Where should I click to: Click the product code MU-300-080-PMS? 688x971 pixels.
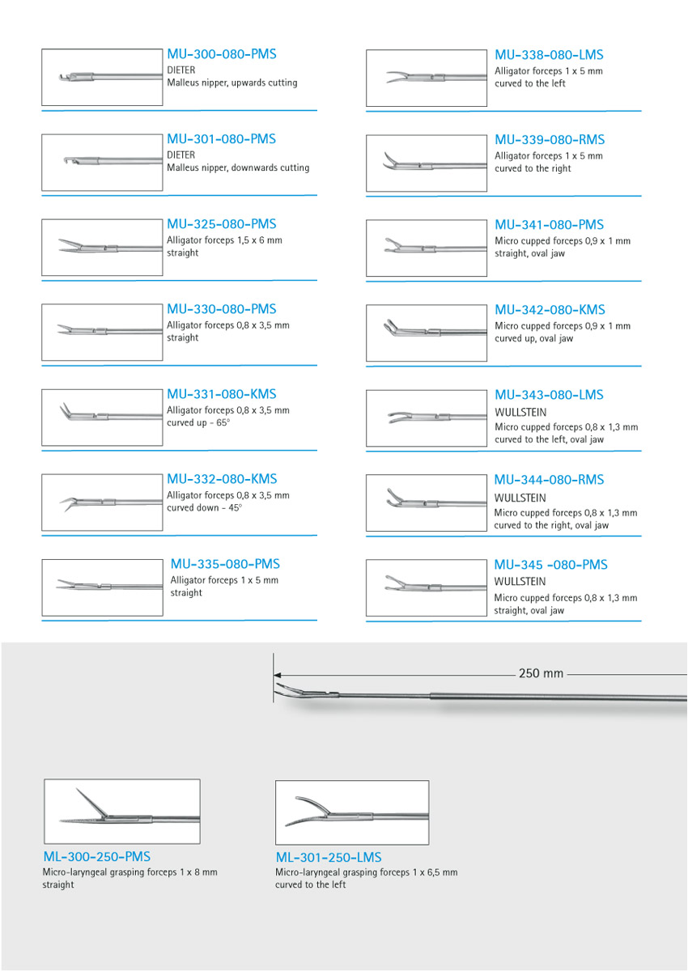221,54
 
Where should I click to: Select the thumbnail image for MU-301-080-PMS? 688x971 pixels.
102,163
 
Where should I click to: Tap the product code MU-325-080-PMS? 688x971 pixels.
221,224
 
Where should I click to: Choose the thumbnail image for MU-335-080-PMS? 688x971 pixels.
102,587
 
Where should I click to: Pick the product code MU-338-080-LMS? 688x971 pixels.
549,55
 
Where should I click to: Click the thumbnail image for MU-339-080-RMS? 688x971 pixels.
426,163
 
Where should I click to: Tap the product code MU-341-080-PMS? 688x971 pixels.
549,225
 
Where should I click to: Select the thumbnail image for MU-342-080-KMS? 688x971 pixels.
426,333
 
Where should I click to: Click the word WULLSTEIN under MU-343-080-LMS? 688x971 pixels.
520,412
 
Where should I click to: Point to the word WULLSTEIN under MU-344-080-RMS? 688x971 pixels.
520,498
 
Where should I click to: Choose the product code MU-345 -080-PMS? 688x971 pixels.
550,565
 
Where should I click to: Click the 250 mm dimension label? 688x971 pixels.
541,673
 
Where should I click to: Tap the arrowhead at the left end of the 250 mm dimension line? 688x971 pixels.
277,673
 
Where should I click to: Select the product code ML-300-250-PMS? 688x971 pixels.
96,856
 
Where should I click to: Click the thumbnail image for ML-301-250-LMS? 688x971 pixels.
352,812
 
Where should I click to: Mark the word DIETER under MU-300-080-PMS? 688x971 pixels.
181,70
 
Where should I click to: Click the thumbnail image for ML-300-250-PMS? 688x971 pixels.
121,812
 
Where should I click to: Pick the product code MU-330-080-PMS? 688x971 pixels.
221,309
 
